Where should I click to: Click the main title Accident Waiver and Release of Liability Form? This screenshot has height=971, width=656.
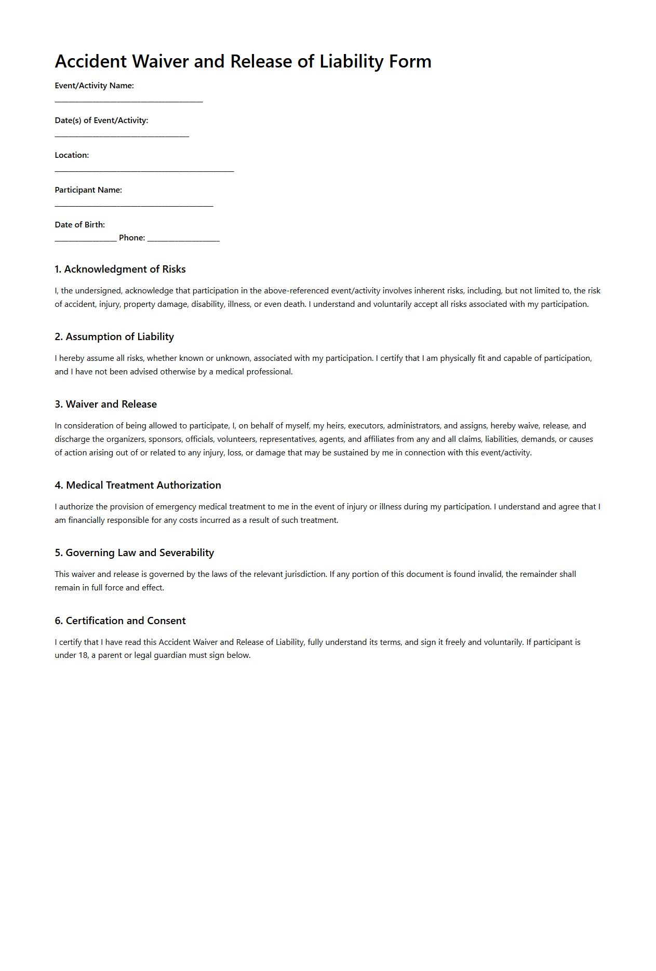tap(243, 61)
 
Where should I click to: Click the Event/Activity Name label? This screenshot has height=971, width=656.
tap(94, 86)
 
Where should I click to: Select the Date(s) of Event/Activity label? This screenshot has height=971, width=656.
tap(101, 120)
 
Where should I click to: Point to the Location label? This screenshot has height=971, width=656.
tap(72, 155)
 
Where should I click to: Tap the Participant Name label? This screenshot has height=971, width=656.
tap(88, 190)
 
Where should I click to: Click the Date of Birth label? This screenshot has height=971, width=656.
tap(79, 225)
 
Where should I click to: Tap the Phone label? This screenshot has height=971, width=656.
tap(132, 238)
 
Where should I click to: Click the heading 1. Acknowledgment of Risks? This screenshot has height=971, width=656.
tap(120, 269)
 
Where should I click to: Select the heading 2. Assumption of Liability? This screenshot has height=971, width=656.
tap(114, 336)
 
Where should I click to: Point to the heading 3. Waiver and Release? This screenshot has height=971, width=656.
tap(105, 404)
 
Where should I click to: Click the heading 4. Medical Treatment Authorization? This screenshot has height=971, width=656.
tap(138, 485)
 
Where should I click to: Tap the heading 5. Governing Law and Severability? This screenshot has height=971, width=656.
tap(134, 552)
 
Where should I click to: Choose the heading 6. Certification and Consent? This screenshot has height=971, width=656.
tap(120, 621)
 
